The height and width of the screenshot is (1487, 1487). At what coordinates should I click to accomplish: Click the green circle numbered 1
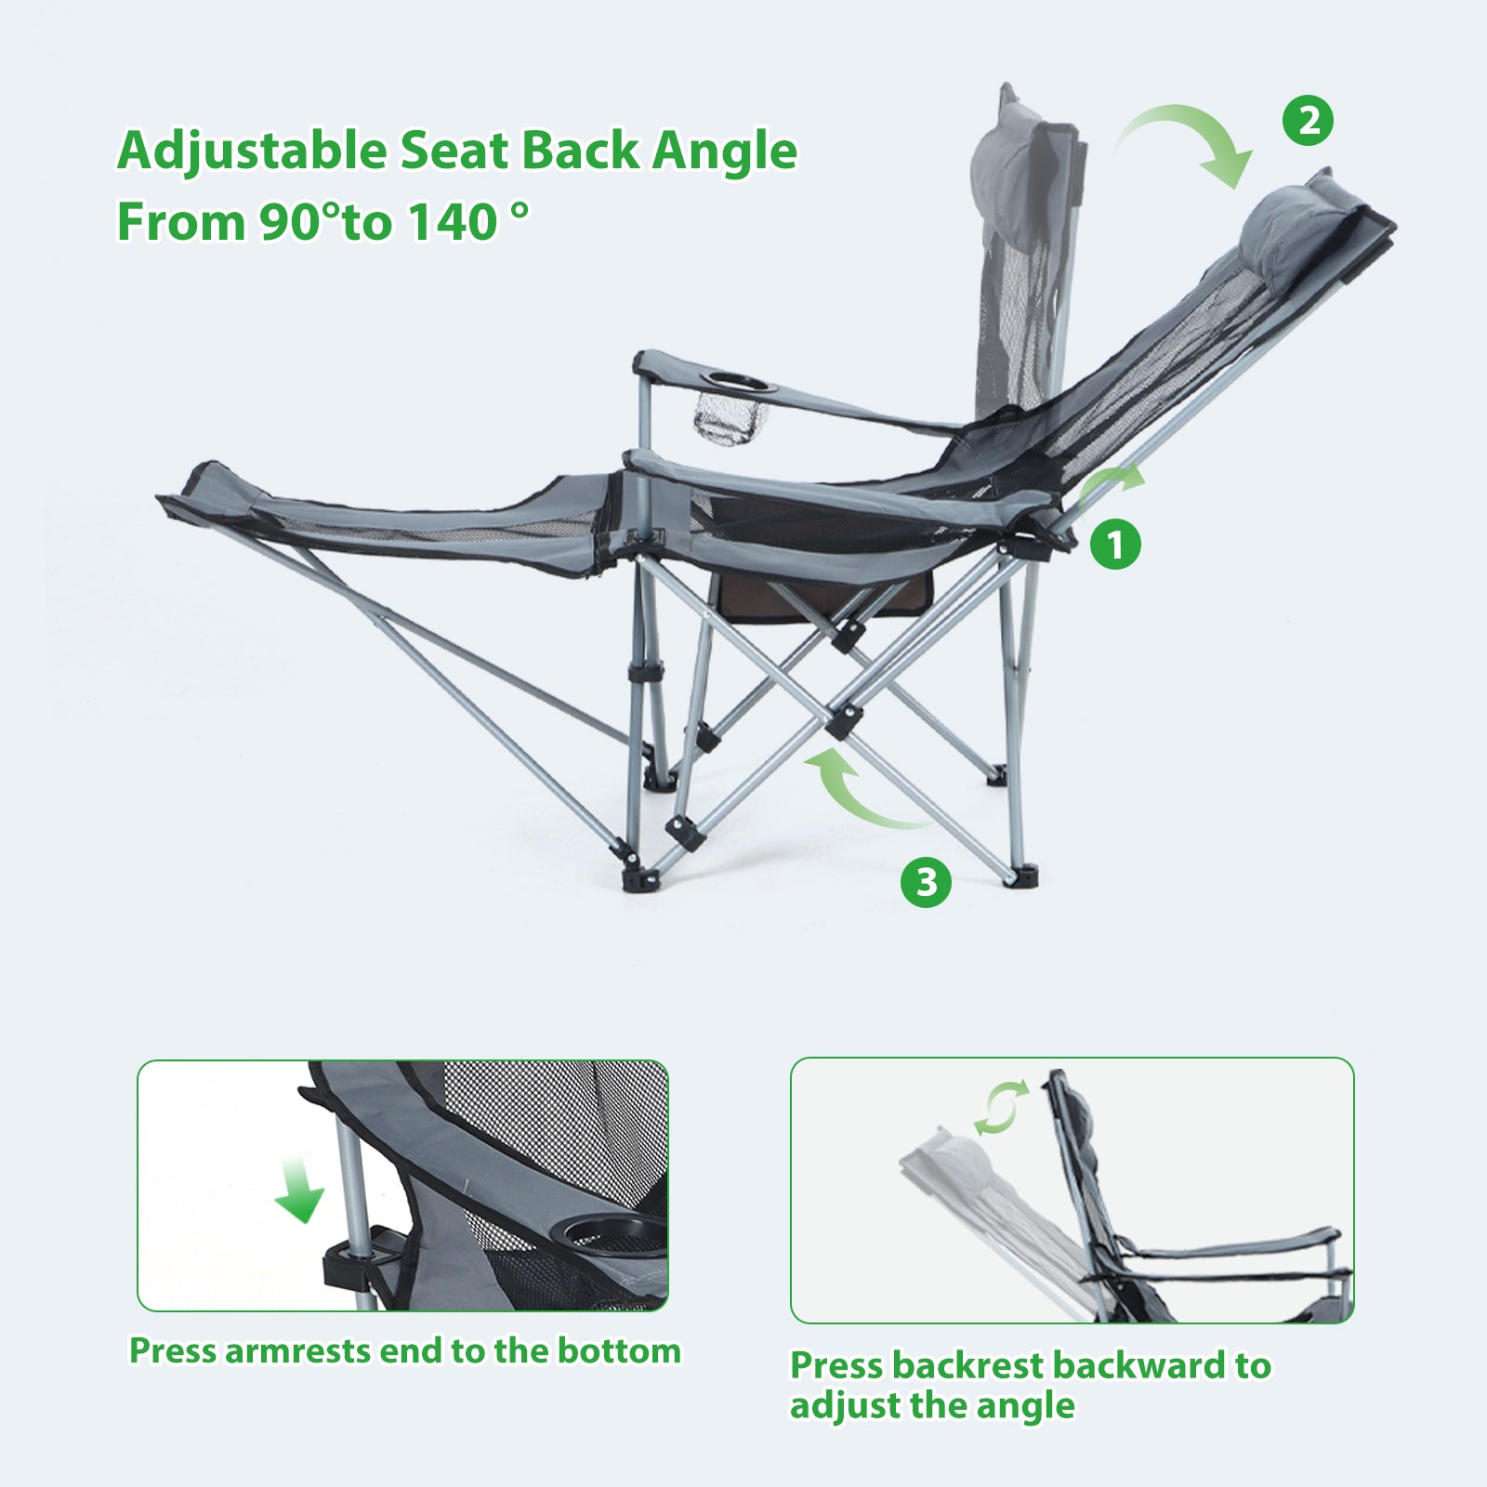1115,543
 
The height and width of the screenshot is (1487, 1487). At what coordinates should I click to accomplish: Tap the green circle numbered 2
1309,121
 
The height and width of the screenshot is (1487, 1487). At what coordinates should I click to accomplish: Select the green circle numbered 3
927,881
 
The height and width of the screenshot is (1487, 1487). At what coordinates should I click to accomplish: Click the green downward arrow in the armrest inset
299,1191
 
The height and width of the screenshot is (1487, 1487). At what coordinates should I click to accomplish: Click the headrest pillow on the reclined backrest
1292,221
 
